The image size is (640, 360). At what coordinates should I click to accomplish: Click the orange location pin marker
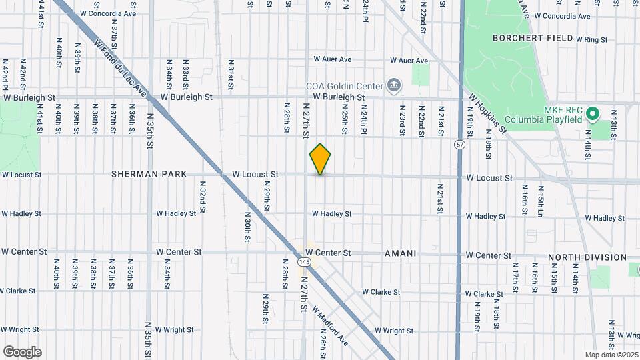coord(320,159)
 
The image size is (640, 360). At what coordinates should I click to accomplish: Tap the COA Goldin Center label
coord(344,85)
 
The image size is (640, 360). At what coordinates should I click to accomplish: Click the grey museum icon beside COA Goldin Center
coord(393,85)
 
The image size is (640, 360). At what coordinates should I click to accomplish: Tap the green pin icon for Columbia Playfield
coord(592,115)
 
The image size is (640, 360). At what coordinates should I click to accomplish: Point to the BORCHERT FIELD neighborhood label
coord(533,38)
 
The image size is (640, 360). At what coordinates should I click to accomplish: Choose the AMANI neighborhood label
coord(401,254)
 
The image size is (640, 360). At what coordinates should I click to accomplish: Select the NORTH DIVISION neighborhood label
coord(587,257)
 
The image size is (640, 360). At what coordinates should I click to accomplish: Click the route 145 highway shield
coord(305,263)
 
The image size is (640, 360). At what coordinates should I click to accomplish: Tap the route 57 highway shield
coord(460,144)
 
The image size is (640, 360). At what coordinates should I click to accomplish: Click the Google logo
coord(22,352)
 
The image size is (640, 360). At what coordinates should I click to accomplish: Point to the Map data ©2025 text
coord(612,355)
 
